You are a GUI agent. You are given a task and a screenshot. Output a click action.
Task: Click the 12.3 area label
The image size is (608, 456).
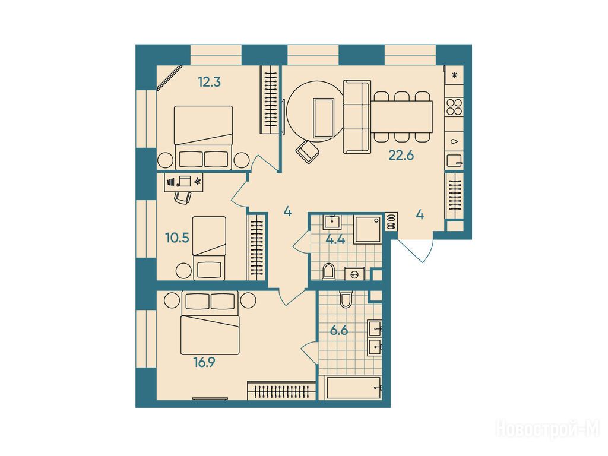[209, 82]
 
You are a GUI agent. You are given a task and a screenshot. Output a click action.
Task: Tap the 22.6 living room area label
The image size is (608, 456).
[401, 156]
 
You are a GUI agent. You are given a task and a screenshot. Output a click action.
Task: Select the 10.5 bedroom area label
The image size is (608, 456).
[177, 237]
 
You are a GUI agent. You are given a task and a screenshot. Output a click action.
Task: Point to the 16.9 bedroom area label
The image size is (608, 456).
[204, 363]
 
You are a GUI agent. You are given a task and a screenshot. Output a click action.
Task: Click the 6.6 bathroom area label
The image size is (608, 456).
[339, 331]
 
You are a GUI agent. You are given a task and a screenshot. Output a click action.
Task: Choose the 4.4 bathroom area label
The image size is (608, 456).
[335, 239]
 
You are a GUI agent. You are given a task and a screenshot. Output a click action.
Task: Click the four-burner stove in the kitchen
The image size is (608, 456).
[454, 107]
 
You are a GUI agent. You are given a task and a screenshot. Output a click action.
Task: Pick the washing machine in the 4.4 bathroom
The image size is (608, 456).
[354, 274]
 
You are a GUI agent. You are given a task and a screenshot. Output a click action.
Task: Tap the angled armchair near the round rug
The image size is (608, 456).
[308, 151]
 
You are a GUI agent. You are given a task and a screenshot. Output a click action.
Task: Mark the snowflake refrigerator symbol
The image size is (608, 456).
[455, 75]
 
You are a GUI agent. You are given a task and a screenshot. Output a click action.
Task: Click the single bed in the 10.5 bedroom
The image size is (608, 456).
[209, 248]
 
